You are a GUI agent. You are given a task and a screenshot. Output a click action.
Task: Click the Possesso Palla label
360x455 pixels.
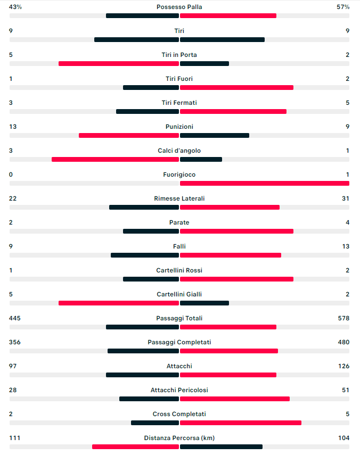pyautogui.click(x=179, y=7)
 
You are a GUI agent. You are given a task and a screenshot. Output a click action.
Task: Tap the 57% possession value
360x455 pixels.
pyautogui.click(x=343, y=7)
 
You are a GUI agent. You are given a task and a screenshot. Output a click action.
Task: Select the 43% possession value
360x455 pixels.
pyautogui.click(x=15, y=7)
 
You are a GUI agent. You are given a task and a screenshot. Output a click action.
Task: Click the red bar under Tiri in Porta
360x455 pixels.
pyautogui.click(x=119, y=63)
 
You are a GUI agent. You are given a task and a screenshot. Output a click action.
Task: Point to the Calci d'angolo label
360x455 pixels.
pyautogui.click(x=179, y=151)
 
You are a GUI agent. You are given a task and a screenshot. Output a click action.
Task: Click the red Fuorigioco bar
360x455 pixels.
pyautogui.click(x=265, y=183)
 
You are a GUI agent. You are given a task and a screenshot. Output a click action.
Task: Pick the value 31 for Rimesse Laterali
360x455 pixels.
pyautogui.click(x=346, y=198)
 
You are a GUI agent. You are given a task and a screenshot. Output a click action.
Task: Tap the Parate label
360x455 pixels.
pyautogui.click(x=179, y=222)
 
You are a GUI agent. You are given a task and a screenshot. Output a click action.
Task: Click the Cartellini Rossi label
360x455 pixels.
pyautogui.click(x=179, y=270)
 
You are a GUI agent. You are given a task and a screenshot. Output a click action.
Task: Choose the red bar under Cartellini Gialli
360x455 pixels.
pyautogui.click(x=119, y=303)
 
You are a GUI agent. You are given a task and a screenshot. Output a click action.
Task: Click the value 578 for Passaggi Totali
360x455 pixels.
pyautogui.click(x=343, y=318)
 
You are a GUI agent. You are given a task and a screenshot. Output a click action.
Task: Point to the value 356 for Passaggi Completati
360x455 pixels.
pyautogui.click(x=15, y=342)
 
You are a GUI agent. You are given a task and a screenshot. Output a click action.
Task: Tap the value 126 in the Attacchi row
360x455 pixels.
pyautogui.click(x=343, y=366)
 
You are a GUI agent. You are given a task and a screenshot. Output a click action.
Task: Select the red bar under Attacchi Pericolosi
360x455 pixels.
pyautogui.click(x=235, y=399)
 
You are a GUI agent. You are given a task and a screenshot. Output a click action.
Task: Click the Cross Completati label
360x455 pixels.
pyautogui.click(x=179, y=414)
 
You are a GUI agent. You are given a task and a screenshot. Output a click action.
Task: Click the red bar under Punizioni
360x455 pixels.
pyautogui.click(x=129, y=135)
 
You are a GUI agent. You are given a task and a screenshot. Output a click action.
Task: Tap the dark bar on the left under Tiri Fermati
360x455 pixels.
pyautogui.click(x=148, y=111)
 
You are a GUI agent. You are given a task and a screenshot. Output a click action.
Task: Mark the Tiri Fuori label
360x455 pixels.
pyautogui.click(x=179, y=79)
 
